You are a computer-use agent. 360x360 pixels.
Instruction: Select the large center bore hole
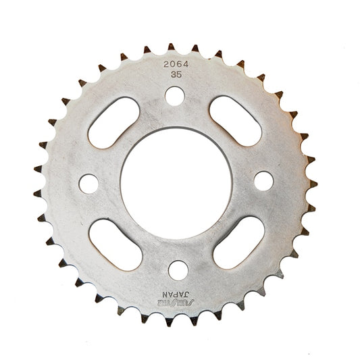pos(176,181)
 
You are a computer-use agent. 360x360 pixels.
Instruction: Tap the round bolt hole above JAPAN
pos(178,269)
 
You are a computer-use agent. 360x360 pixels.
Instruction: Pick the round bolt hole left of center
pos(88,182)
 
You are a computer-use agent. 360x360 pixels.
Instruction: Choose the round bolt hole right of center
pos(263,181)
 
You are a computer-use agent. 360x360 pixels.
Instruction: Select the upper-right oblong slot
pos(236,120)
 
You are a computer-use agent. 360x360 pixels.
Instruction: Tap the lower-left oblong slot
pos(115,244)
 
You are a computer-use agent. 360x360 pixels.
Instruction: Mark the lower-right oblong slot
pos(238,241)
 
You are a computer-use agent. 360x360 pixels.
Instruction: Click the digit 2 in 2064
pos(165,65)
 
